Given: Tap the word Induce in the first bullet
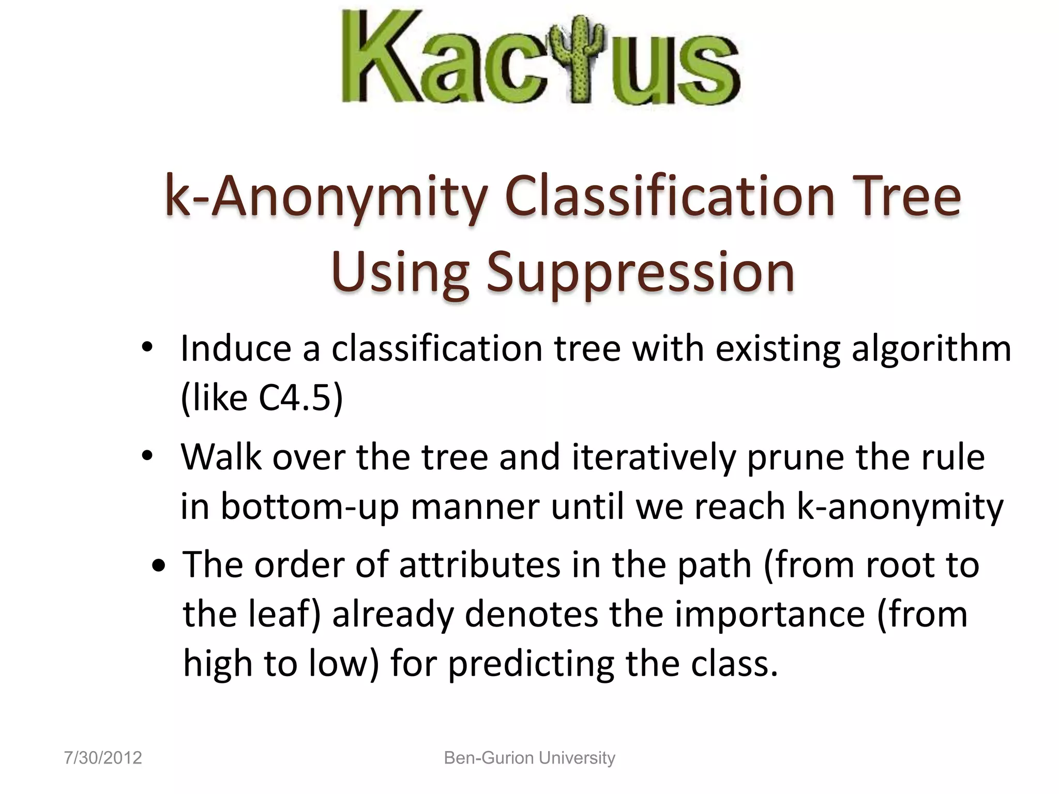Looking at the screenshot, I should (236, 348).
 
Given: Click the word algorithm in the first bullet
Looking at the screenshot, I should (931, 349).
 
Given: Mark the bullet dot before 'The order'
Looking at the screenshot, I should (159, 566).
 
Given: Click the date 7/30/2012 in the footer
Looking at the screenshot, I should (103, 758).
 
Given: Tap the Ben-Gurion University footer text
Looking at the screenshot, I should (529, 758).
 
